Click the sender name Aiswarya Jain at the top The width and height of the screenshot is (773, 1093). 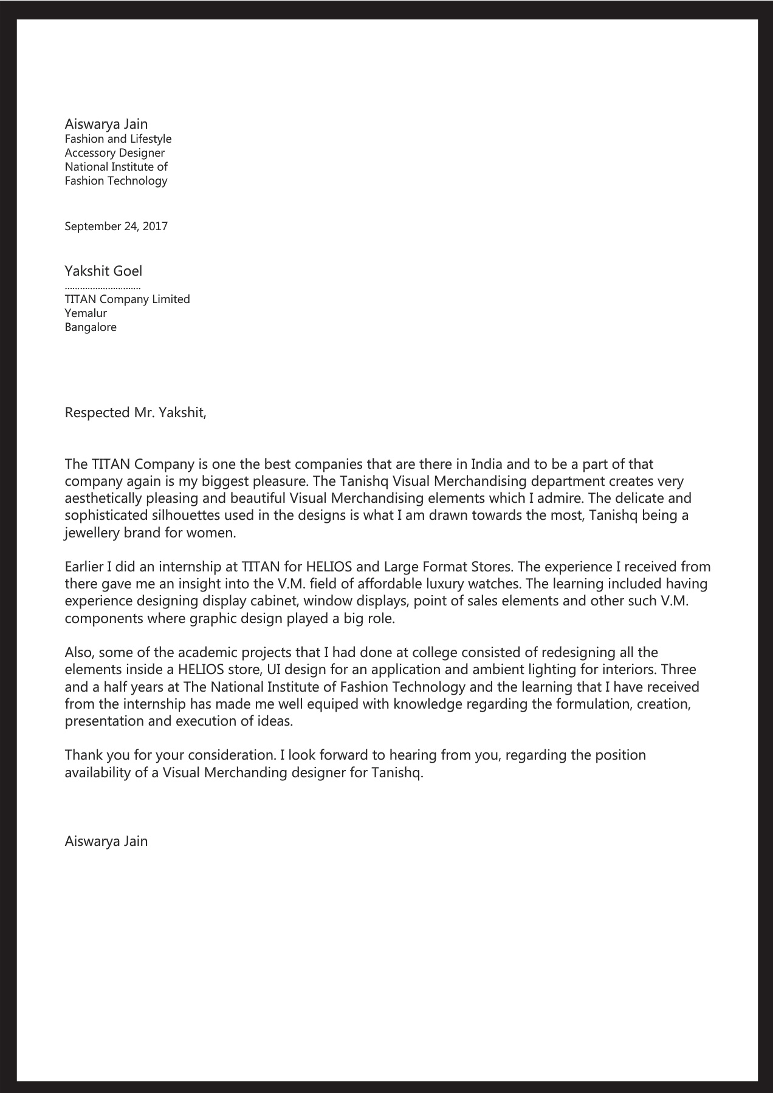[x=106, y=124]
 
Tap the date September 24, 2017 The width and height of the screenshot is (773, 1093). [x=116, y=226]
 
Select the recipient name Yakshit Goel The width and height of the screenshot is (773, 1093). [x=103, y=271]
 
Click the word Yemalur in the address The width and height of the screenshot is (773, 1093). [x=86, y=313]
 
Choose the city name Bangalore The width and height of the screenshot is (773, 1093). [x=91, y=327]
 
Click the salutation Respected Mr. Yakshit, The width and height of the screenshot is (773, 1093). [x=136, y=413]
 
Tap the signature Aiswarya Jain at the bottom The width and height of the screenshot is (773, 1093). [x=106, y=842]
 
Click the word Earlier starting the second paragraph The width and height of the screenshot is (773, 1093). [x=84, y=567]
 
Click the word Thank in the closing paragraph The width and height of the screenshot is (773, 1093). [x=83, y=755]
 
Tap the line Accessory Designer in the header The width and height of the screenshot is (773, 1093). [x=115, y=153]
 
